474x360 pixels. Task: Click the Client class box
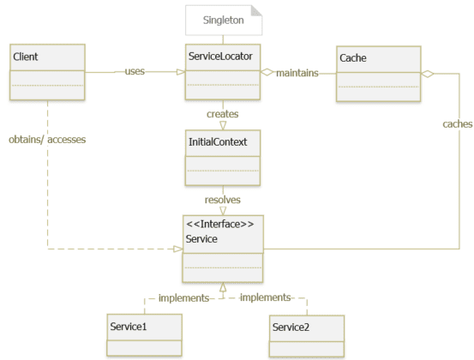(x=47, y=73)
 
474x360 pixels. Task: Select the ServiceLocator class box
(x=223, y=73)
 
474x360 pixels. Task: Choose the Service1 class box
(x=144, y=334)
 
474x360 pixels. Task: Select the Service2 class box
(x=306, y=335)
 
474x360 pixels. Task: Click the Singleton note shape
(x=223, y=18)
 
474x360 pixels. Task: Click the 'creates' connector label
(x=223, y=112)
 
